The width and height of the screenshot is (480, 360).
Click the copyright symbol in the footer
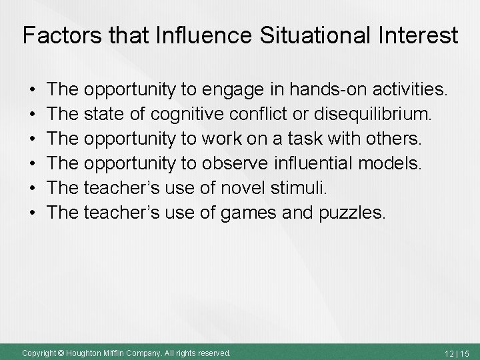[x=59, y=352]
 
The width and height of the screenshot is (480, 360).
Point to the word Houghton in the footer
[x=87, y=352]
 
